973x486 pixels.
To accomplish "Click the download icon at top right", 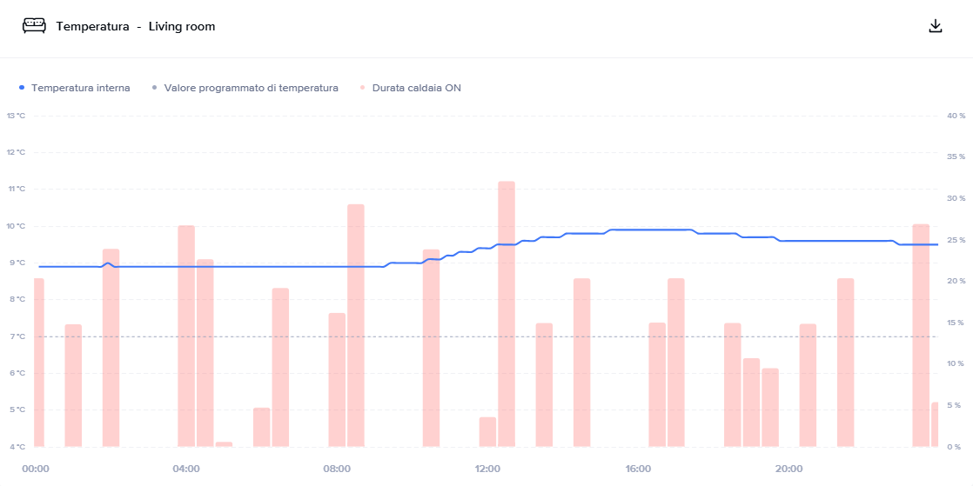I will [936, 26].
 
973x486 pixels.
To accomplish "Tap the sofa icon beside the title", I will [34, 26].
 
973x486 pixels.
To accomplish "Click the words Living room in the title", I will [182, 27].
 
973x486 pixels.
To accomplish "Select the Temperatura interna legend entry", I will [80, 88].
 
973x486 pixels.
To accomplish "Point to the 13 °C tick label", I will [17, 116].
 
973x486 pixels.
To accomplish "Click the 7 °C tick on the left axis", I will [17, 336].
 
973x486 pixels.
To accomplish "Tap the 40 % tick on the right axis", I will [956, 116].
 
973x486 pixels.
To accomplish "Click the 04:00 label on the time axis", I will [186, 469].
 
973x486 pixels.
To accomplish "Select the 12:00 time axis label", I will [487, 469].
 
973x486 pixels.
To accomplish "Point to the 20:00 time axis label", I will [788, 469].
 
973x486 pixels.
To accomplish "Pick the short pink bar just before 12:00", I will [487, 432].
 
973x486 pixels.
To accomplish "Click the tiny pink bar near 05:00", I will [224, 444].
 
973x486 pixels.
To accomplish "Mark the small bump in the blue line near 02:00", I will [108, 263].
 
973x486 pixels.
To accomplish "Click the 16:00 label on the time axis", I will [638, 469].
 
